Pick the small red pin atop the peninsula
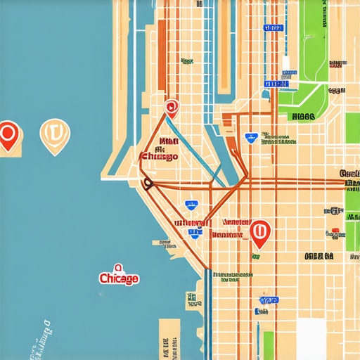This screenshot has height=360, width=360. click(x=170, y=108)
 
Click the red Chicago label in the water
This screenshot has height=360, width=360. click(x=119, y=278)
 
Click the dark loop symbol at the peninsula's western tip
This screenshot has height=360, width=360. click(x=148, y=184)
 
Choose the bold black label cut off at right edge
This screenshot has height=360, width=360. click(x=349, y=174)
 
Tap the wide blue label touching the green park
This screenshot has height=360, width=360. click(x=276, y=84)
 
